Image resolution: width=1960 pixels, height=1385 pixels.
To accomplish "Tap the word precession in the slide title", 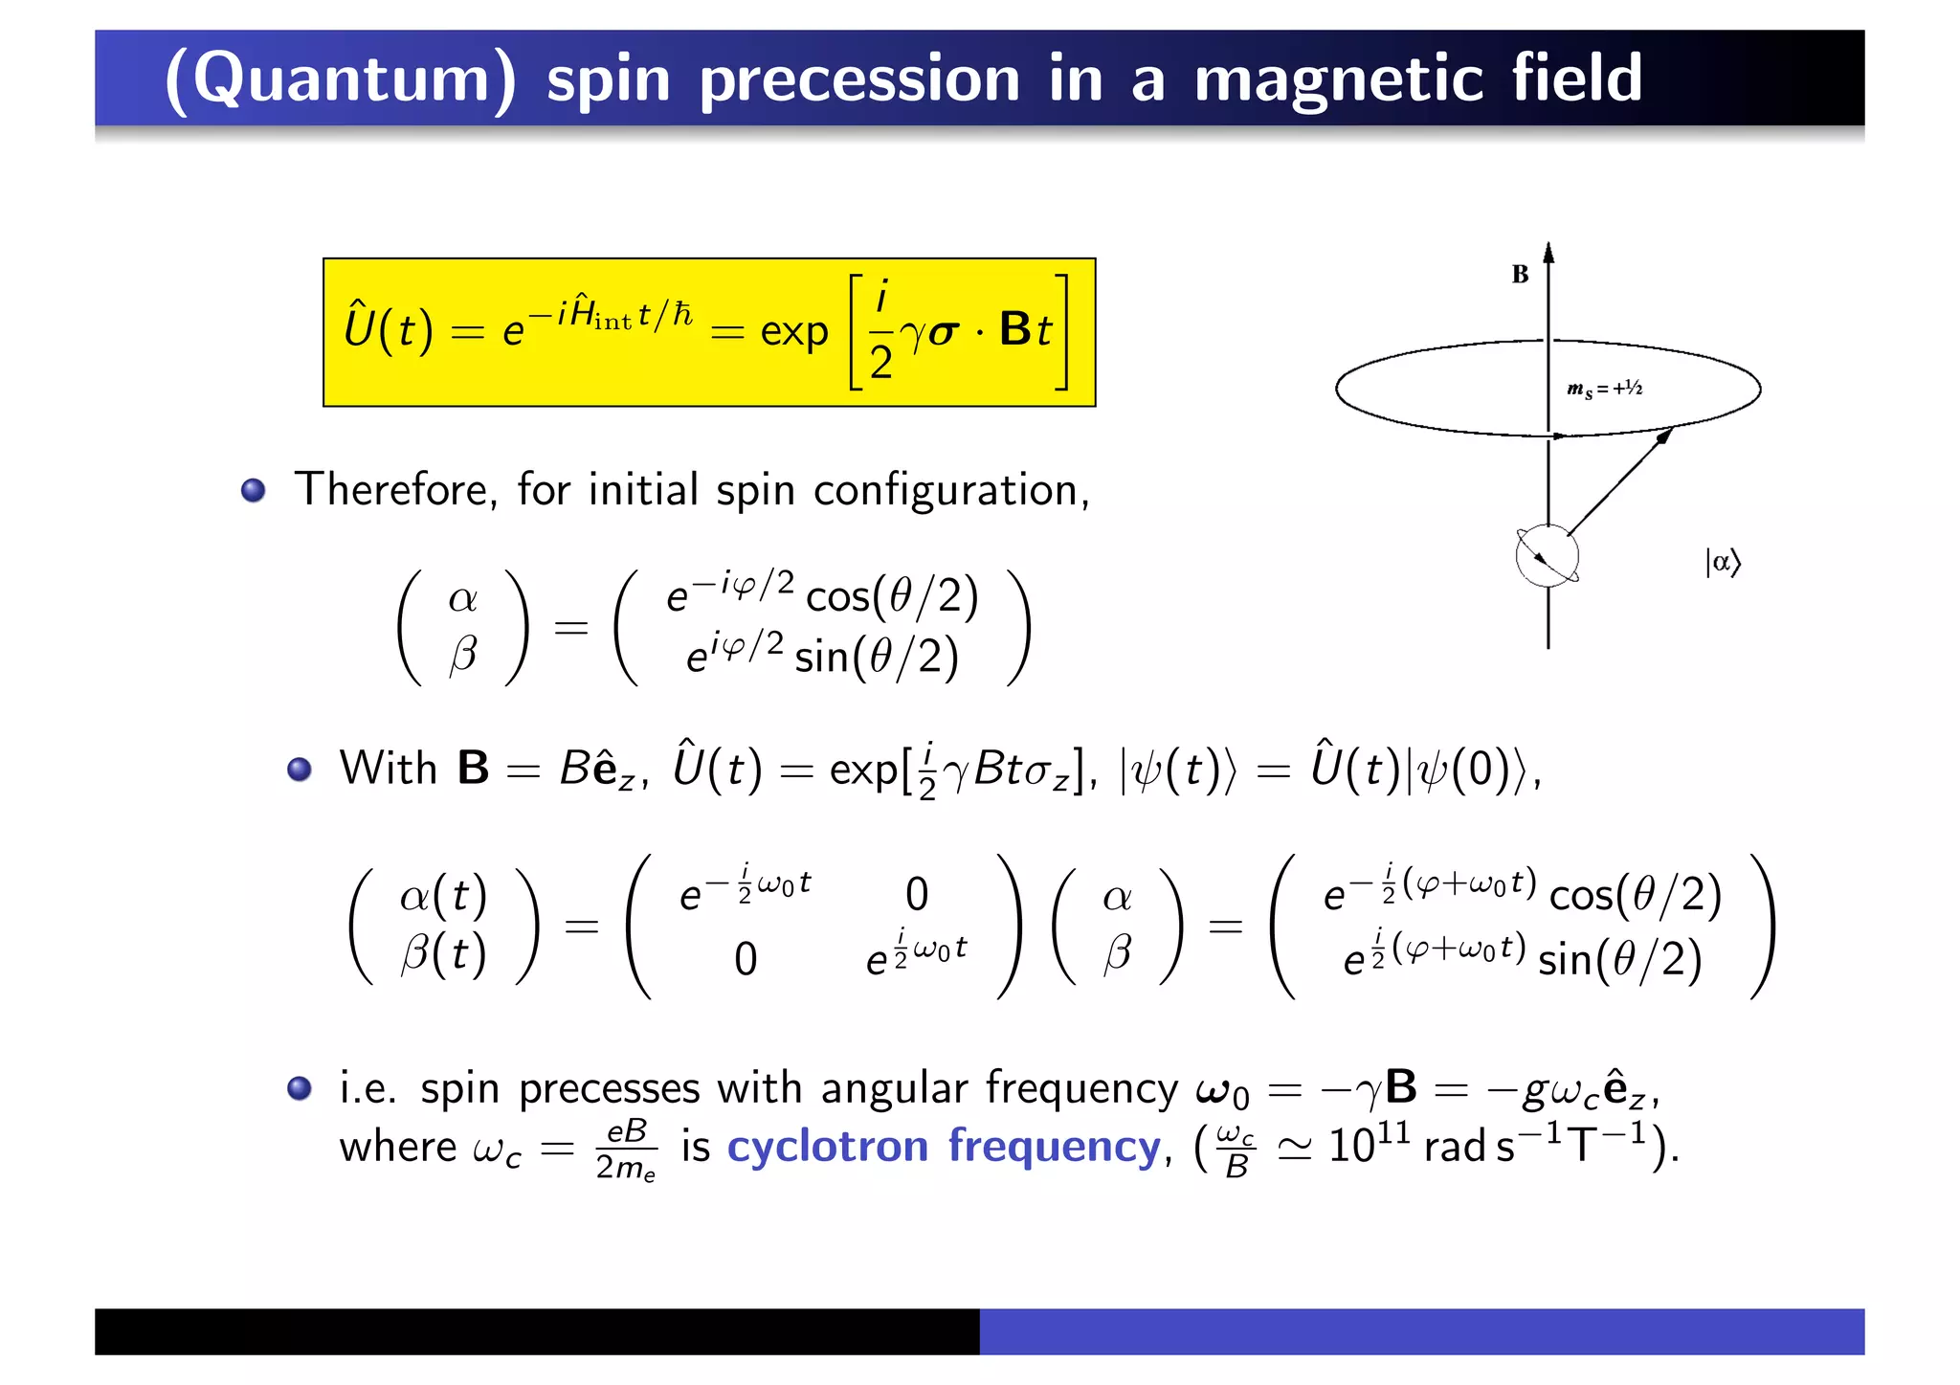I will point(859,78).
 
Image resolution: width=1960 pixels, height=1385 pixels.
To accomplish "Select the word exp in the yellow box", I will point(793,332).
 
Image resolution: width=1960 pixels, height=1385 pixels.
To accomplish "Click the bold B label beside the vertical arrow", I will point(1520,275).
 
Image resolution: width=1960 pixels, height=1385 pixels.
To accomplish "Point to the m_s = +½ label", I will point(1604,389).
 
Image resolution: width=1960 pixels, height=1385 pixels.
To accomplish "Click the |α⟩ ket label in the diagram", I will point(1722,562).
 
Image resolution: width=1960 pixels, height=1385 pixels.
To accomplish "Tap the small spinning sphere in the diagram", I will point(1548,556).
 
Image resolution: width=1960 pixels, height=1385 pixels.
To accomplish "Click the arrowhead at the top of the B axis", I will point(1548,253).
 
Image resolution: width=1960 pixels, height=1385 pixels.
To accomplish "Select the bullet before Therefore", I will point(254,491).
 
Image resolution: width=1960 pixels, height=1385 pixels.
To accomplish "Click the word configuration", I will point(950,490).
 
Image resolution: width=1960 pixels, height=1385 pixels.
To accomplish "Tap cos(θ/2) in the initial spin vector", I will point(892,596).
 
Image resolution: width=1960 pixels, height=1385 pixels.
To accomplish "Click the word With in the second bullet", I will point(389,769).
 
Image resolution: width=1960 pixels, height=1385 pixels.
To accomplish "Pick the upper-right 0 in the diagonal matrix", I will point(917,894).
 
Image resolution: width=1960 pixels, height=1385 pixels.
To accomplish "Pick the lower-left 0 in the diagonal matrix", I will point(746,959).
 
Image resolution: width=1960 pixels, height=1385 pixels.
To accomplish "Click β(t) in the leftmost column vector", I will point(444,953).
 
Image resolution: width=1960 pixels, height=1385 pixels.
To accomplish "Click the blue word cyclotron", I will point(827,1146).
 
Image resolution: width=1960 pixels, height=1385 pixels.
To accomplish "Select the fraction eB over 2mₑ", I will point(626,1149).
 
